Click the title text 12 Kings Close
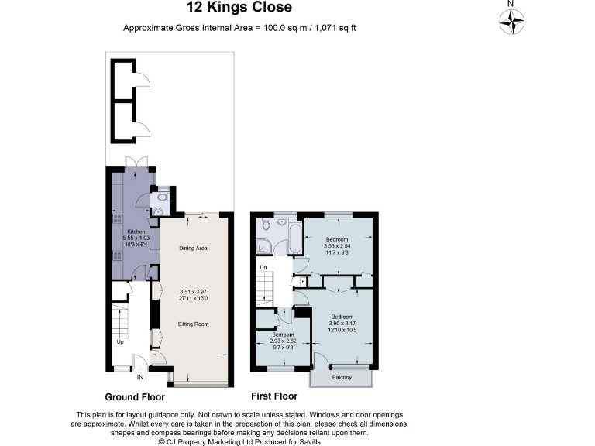[239, 8]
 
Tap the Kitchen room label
[136, 232]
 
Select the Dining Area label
[193, 249]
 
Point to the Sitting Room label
[193, 324]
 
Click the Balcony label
[341, 378]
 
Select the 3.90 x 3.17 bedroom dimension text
[342, 324]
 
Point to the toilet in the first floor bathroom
[265, 225]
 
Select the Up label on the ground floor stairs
[120, 341]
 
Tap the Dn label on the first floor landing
[263, 269]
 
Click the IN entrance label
[140, 379]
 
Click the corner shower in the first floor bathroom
[264, 247]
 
